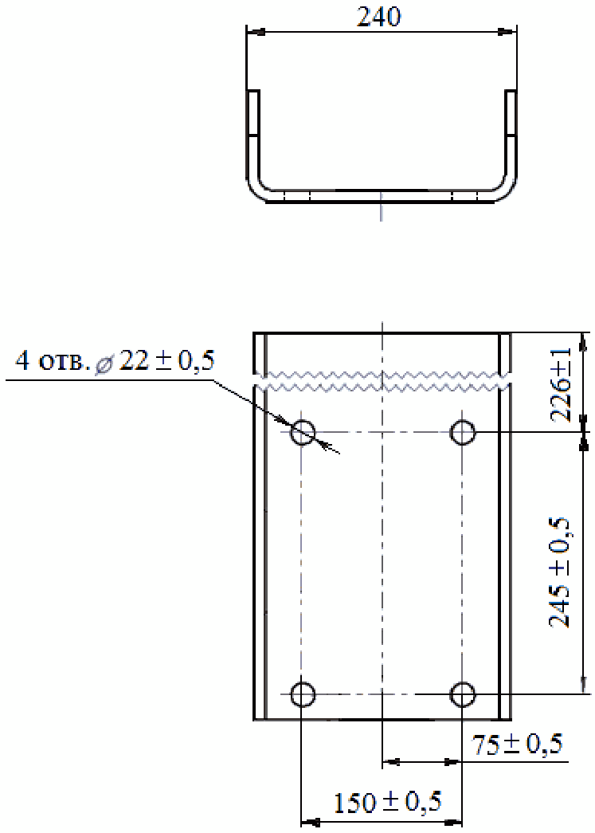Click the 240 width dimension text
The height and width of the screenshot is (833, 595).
coord(378,17)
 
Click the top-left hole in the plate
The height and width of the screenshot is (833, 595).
coord(303,431)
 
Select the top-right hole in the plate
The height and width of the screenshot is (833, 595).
coord(463,431)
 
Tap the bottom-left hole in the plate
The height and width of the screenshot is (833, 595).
coord(303,694)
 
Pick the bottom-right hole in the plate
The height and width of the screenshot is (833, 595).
coord(463,694)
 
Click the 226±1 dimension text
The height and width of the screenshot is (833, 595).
coord(561,385)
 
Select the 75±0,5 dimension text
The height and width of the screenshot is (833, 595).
coord(518,745)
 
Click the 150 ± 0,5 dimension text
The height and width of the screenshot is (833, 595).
coord(387,802)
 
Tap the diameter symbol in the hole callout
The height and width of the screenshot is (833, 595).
coord(103,363)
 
